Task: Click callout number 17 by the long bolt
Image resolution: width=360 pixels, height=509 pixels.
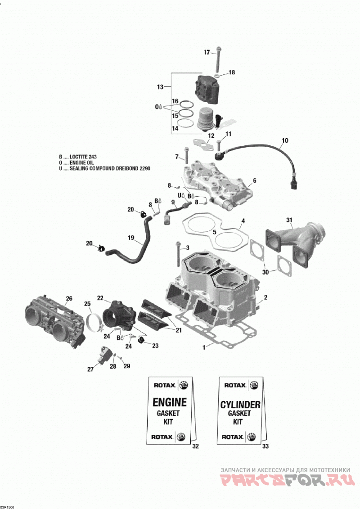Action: [207, 52]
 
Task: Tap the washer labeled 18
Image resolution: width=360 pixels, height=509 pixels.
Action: [219, 75]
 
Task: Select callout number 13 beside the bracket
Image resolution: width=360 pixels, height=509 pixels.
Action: [160, 87]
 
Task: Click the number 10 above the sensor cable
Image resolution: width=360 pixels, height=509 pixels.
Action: [285, 140]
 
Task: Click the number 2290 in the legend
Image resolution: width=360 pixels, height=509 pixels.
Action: [144, 168]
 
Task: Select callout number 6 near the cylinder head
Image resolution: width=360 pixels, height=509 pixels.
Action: [255, 180]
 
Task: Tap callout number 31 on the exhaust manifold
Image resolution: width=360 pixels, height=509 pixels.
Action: [289, 220]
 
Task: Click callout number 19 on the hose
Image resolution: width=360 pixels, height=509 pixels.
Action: [131, 238]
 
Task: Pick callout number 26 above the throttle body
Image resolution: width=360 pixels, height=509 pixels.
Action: [69, 298]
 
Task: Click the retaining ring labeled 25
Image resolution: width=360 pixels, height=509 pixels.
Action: [94, 323]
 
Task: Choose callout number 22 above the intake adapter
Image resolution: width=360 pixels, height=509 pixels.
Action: [100, 297]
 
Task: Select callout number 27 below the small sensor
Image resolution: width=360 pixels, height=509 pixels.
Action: [90, 369]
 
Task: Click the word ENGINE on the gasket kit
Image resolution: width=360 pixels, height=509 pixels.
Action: [170, 402]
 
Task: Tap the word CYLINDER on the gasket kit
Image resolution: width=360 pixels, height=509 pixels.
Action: [240, 405]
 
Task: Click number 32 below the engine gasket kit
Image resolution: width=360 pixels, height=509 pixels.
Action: [195, 446]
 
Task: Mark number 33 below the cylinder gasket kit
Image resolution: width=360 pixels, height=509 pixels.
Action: [265, 446]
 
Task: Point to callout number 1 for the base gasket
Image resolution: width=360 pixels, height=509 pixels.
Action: [204, 347]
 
